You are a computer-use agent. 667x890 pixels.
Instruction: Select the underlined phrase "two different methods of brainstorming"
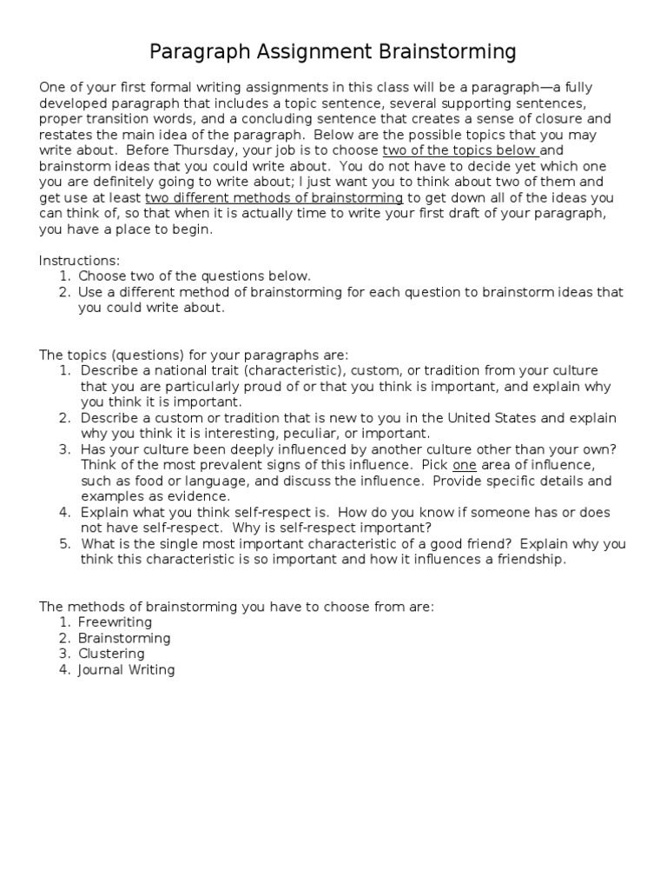pos(274,198)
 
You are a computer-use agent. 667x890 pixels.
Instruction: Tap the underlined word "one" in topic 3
pos(465,465)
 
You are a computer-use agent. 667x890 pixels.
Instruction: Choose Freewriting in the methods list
pos(115,622)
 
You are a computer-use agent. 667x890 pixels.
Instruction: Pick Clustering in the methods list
pos(111,654)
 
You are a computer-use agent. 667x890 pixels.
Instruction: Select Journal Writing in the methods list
pos(126,669)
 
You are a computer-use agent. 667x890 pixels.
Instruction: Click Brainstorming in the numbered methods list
pos(124,638)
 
